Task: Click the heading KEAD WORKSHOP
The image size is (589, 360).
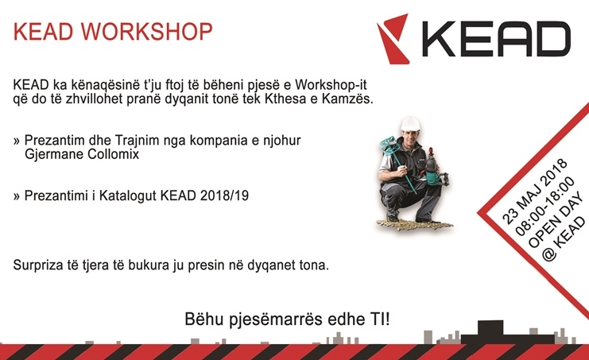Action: coord(114,33)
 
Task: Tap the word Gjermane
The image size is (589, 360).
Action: coord(55,155)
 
